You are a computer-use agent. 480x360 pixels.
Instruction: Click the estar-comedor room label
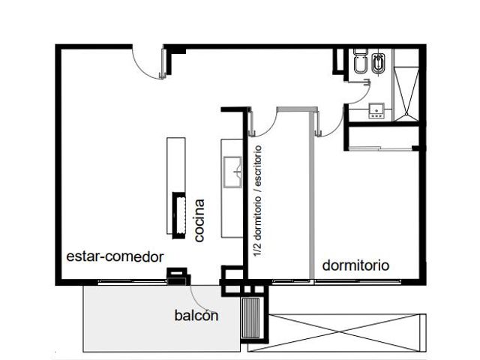click(115, 256)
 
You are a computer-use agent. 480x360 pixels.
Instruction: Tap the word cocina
click(199, 220)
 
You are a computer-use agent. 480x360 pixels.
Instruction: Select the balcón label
click(196, 315)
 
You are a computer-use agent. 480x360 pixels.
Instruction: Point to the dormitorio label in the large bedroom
click(355, 265)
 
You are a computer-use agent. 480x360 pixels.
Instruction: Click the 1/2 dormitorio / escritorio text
click(257, 201)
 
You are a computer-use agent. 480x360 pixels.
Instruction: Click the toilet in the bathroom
click(360, 62)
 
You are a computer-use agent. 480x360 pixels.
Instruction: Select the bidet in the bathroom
click(379, 64)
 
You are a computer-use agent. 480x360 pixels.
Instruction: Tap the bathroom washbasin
click(376, 111)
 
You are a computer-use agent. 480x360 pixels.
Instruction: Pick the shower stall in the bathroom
click(406, 94)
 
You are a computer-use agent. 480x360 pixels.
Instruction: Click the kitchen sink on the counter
click(232, 172)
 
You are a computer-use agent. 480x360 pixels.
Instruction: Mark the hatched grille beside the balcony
click(250, 318)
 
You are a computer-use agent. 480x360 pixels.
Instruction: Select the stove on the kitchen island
click(179, 215)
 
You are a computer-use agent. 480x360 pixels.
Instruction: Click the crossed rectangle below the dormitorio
click(337, 332)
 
